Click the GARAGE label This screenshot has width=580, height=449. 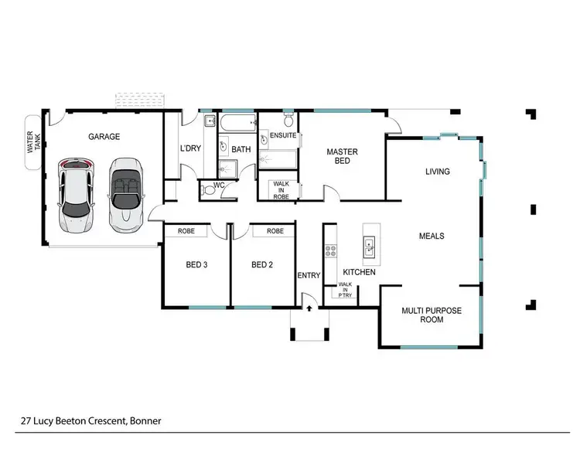104,137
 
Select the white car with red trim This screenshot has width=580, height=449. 75,194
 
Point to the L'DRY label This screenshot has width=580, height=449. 191,148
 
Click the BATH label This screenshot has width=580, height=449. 241,149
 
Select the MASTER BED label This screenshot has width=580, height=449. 341,156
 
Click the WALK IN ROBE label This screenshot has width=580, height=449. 281,191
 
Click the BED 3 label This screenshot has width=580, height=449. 196,265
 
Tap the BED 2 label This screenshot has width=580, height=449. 262,265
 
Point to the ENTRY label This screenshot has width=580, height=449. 309,275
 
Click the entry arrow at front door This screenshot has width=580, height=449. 309,309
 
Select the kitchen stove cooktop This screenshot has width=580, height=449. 330,250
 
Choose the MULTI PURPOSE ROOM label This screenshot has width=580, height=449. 431,315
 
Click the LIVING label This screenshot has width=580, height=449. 437,172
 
